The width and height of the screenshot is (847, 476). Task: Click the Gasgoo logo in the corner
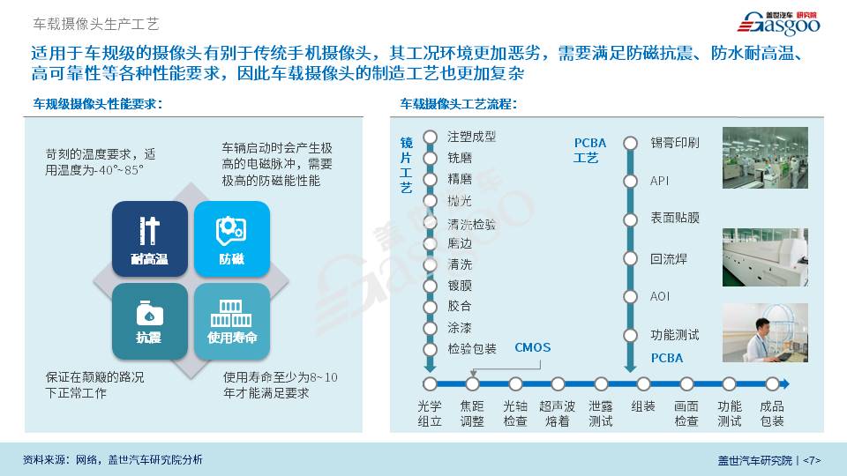(778, 23)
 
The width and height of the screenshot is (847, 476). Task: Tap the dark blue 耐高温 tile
(150, 239)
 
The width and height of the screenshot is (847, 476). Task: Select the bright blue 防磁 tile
(232, 239)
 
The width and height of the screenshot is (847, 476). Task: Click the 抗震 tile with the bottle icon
(150, 322)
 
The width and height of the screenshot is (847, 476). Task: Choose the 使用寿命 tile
(232, 322)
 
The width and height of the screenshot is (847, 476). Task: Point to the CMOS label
(533, 347)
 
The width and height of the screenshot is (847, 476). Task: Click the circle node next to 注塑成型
(430, 138)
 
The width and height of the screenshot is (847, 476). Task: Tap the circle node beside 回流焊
(630, 258)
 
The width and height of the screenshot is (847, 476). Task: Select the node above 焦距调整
(473, 383)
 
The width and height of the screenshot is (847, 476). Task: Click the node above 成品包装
(772, 383)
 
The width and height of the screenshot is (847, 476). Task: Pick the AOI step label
(660, 296)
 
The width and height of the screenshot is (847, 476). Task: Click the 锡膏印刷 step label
(675, 143)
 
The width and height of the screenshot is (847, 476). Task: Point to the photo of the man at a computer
(765, 332)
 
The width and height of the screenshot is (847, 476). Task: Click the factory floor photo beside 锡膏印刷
(765, 158)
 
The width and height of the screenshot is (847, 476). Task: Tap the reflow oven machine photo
(765, 257)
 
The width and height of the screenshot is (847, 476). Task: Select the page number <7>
(812, 460)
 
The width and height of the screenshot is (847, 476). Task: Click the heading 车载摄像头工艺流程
(458, 104)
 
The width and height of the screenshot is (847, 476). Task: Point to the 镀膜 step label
(460, 286)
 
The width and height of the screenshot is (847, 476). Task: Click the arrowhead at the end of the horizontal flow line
(785, 383)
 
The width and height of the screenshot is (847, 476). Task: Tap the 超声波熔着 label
(557, 413)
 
